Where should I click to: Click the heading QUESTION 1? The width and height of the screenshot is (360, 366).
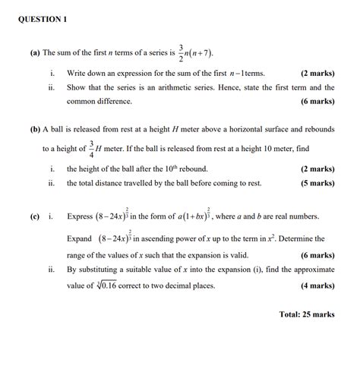point(43,19)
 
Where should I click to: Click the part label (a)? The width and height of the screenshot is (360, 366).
point(36,53)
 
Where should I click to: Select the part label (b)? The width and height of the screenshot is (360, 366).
point(36,130)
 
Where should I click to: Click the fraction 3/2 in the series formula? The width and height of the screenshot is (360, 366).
point(182,52)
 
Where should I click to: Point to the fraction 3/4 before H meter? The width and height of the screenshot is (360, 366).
point(91,148)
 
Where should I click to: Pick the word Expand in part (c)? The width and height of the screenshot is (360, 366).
point(81,238)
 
